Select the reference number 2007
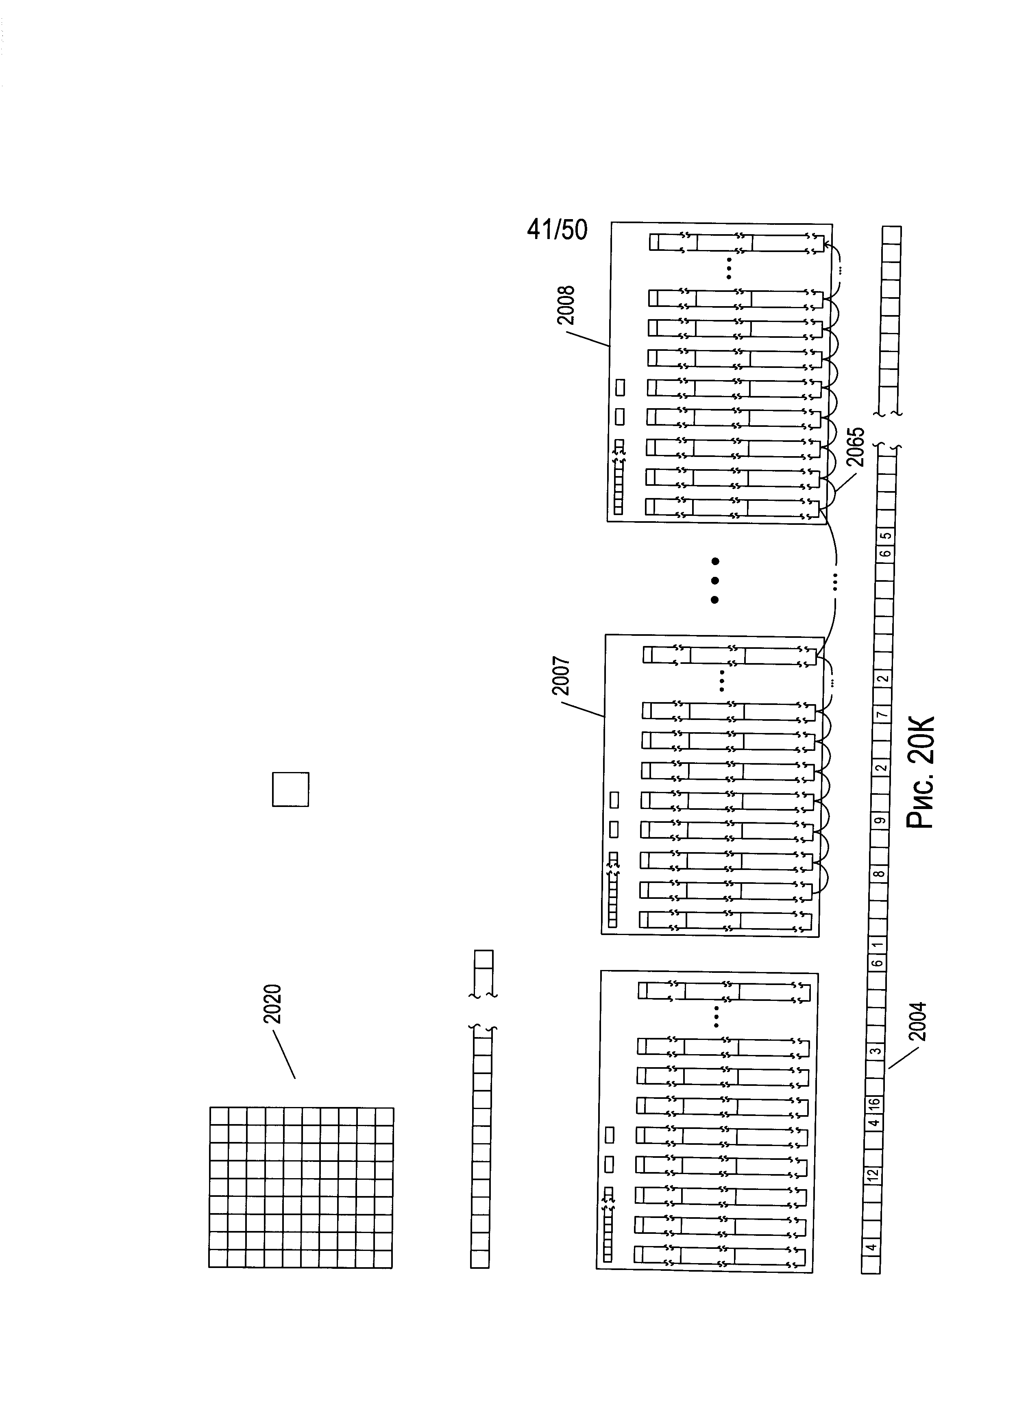coord(560,675)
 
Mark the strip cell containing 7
coord(881,714)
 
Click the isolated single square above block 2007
coord(290,789)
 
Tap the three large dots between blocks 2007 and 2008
coord(715,580)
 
